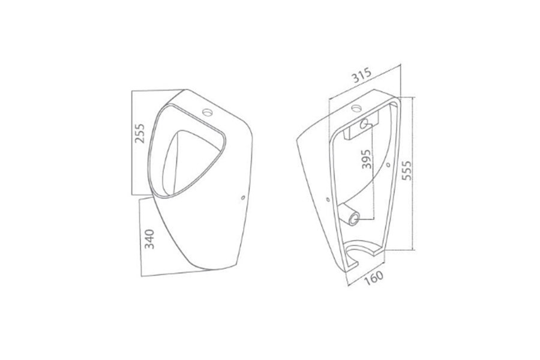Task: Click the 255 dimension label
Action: coord(139,133)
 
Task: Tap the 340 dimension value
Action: coord(149,239)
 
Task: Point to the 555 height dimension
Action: coord(407,170)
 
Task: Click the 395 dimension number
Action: coord(367,159)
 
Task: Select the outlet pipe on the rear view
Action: coord(350,215)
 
